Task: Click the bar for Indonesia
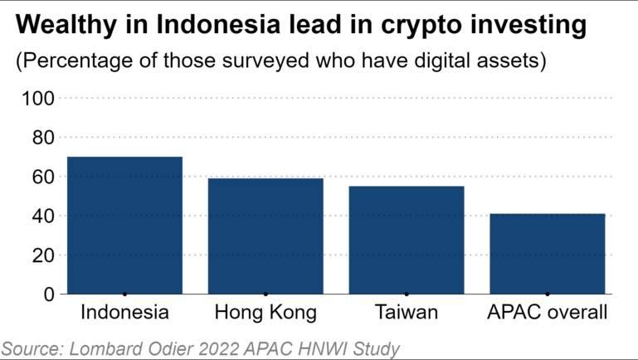[x=124, y=225]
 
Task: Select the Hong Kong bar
[x=265, y=236]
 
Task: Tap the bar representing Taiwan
[x=407, y=240]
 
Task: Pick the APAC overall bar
[x=547, y=254]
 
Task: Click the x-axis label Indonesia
[x=124, y=314]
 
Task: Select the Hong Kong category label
[x=265, y=314]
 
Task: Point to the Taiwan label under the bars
[x=407, y=314]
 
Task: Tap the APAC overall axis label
[x=547, y=314]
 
